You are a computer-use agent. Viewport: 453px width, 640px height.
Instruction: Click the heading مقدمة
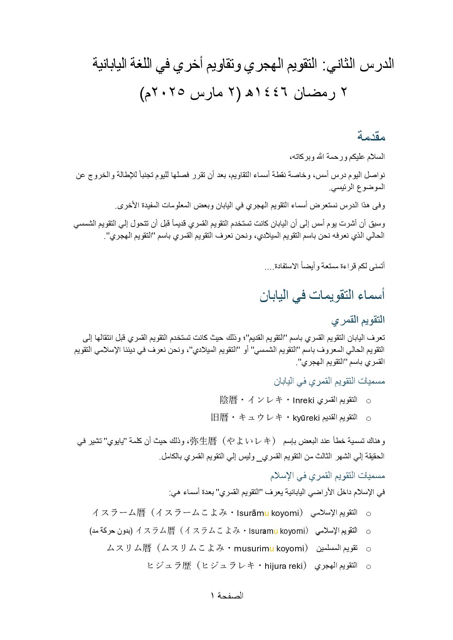point(371,137)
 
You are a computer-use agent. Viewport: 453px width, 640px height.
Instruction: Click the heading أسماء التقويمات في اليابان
point(322,295)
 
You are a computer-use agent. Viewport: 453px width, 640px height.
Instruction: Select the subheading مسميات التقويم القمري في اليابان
point(329,381)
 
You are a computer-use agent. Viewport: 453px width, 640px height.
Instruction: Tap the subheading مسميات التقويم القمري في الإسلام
point(327,476)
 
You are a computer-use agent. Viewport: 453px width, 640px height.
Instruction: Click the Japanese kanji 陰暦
point(229,400)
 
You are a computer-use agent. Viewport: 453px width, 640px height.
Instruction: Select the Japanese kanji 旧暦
point(220,418)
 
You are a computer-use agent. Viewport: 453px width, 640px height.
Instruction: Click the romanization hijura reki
point(284,566)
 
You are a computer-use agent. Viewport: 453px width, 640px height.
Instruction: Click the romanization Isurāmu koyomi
point(268,513)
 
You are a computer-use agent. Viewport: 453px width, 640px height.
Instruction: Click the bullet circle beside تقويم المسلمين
point(368,549)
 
